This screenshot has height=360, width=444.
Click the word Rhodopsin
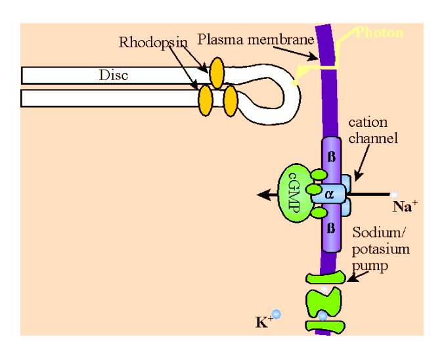(x=152, y=42)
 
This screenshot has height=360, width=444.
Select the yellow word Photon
(x=379, y=32)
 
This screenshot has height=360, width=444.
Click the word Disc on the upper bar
(x=113, y=75)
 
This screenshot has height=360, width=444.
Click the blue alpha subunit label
(x=330, y=194)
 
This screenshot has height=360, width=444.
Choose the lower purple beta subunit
(x=331, y=230)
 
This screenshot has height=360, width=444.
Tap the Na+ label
(x=405, y=207)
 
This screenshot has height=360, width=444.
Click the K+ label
(x=262, y=322)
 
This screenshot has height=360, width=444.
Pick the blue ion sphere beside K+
(x=277, y=315)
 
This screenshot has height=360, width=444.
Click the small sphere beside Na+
(x=393, y=194)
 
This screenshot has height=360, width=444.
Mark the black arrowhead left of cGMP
(x=262, y=194)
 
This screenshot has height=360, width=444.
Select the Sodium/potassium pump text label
(x=381, y=249)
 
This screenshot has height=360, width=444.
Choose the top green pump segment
(x=325, y=278)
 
